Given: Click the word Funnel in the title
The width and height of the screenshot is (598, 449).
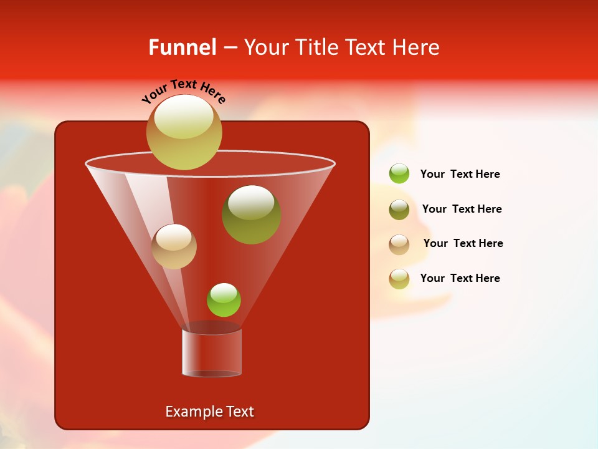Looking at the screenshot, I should point(182,47).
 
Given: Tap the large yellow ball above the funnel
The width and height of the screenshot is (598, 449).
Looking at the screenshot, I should point(184,132).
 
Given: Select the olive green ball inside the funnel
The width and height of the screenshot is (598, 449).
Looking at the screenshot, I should point(252,215).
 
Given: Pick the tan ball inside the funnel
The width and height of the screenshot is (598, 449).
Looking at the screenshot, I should point(174,246).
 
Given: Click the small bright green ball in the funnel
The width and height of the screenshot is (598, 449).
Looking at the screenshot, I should point(224,300).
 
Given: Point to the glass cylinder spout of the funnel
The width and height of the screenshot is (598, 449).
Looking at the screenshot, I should point(212,352).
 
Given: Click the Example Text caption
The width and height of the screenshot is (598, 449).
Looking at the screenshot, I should point(209,412).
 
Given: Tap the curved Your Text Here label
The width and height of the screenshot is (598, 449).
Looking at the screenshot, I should point(183,91).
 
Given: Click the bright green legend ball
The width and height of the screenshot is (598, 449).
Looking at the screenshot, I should point(399,173).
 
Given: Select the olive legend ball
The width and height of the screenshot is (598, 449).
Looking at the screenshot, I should point(399,210).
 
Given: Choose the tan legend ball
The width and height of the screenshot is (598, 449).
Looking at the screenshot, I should point(399,244).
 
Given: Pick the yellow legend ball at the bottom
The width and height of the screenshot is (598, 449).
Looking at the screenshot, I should point(399,279).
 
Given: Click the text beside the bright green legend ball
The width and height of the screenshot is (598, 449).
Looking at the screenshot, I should point(460,175).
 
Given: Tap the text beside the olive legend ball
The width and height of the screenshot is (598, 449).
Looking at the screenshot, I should point(462,210).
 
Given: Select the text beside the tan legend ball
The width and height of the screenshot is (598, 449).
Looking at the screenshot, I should point(463,244).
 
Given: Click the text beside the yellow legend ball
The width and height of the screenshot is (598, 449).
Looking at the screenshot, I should point(460,279).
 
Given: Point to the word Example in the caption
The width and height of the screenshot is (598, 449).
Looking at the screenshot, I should point(193,412).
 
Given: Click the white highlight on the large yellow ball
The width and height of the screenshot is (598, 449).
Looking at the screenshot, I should point(184,116).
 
